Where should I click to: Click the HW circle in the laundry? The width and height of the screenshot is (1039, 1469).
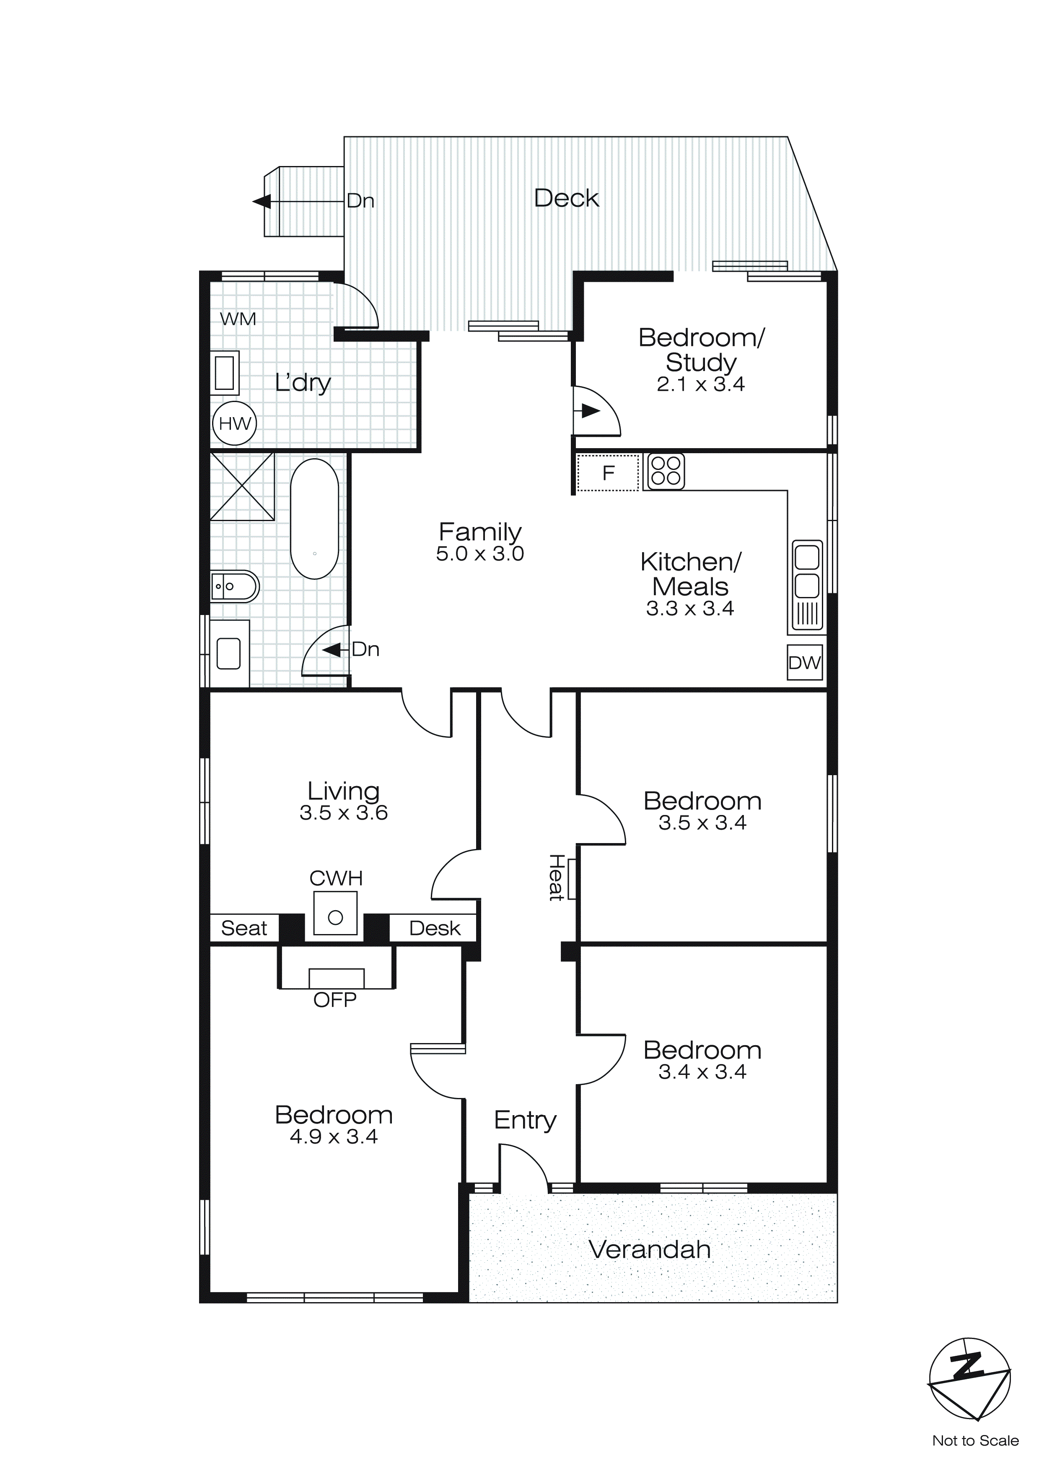234,423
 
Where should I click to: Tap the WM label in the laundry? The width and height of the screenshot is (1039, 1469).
238,319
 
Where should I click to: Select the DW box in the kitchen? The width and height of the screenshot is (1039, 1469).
804,663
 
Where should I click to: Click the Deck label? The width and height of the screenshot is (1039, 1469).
566,198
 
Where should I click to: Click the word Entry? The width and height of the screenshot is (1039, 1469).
525,1120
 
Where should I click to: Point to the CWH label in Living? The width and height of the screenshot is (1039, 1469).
336,878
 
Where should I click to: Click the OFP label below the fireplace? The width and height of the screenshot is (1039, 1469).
334,1000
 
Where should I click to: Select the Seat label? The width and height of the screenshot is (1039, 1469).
244,928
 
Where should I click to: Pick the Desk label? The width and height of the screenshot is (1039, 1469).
434,928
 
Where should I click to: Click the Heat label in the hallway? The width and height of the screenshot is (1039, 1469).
555,878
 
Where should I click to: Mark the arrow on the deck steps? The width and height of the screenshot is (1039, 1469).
262,202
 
